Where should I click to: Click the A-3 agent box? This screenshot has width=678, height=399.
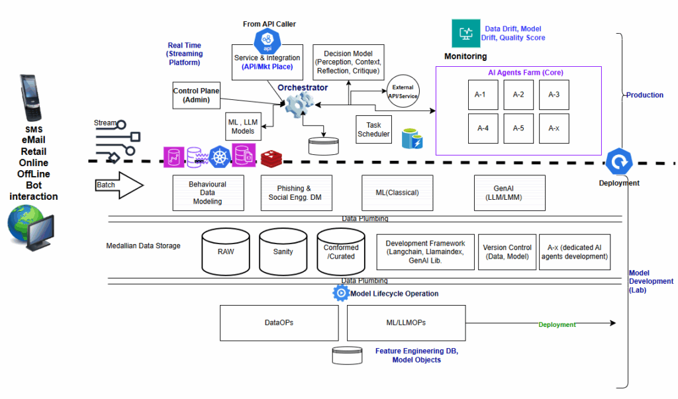[x=554, y=95]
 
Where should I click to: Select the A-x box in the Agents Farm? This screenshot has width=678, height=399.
[x=554, y=128]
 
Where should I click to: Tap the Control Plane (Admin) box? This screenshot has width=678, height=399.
[x=196, y=95]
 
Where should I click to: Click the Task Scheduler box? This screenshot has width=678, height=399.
[x=374, y=130]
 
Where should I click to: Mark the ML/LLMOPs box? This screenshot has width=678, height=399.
[x=406, y=323]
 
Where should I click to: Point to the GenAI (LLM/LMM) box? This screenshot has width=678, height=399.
[x=510, y=193]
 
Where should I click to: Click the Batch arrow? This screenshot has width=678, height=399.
[x=120, y=185]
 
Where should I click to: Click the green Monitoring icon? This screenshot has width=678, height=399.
[x=466, y=33]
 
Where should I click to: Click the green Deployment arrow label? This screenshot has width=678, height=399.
[x=557, y=324]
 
